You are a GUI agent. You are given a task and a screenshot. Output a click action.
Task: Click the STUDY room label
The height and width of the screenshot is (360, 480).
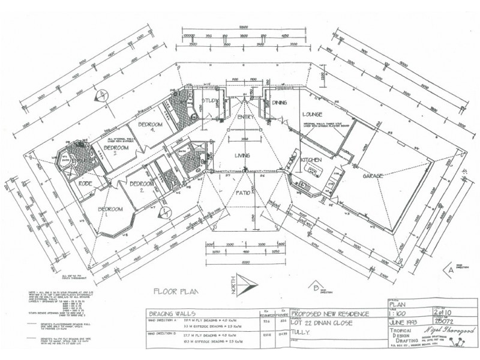pos(211,101)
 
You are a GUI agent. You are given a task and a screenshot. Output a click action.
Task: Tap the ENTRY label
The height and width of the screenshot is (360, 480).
pos(245,117)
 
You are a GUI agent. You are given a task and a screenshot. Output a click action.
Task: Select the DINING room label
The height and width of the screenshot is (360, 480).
pos(279,103)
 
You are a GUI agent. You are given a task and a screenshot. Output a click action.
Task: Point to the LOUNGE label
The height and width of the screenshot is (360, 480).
pos(313,114)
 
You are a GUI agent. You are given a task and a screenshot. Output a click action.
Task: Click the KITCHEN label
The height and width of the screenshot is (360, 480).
pos(311,160)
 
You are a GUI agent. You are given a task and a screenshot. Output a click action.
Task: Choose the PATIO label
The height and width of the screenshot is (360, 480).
pos(242,193)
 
